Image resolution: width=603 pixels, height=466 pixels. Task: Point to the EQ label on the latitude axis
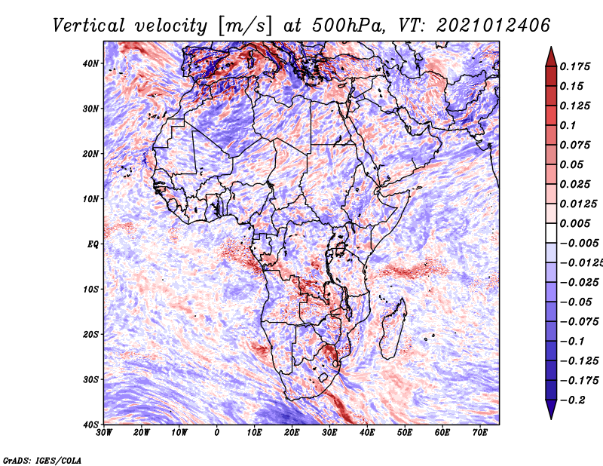(93, 244)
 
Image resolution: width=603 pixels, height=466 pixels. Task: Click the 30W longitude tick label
(104, 432)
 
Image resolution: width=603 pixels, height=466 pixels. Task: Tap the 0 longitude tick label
(217, 432)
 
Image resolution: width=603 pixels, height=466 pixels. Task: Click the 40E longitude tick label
(367, 432)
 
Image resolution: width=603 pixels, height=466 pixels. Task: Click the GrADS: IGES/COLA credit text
(42, 459)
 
